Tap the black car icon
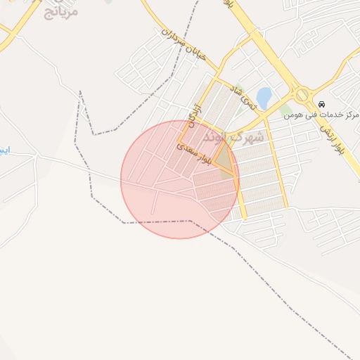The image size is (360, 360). pyautogui.click(x=322, y=103)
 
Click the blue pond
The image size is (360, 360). pyautogui.click(x=264, y=98)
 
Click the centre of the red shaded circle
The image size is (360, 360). pyautogui.click(x=179, y=179)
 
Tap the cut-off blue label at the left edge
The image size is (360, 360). pyautogui.click(x=4, y=150)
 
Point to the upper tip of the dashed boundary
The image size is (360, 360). pyautogui.click(x=81, y=91)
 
